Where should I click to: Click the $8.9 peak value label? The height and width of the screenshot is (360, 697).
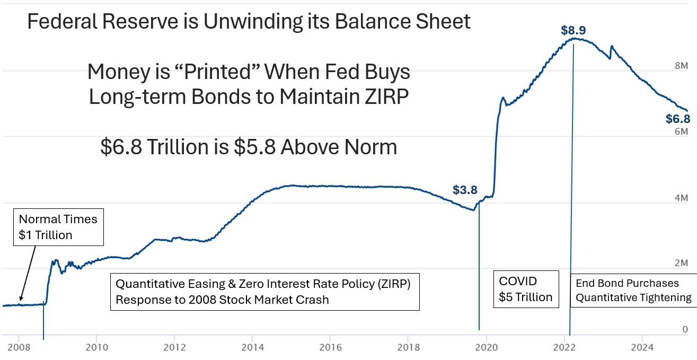click(x=574, y=30)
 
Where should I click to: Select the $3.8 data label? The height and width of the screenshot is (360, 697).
click(x=465, y=190)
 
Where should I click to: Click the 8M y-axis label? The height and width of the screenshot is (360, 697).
click(x=681, y=66)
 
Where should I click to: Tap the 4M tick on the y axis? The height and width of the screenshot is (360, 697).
click(x=681, y=198)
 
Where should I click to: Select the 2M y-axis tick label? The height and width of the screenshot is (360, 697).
click(x=681, y=264)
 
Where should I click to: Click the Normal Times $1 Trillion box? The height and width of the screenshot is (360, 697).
click(x=58, y=227)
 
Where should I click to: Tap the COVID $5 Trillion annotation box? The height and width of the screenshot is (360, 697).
click(x=526, y=289)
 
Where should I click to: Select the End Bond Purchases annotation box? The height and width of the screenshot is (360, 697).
click(x=633, y=291)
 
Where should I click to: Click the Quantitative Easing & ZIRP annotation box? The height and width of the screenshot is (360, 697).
click(x=264, y=291)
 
